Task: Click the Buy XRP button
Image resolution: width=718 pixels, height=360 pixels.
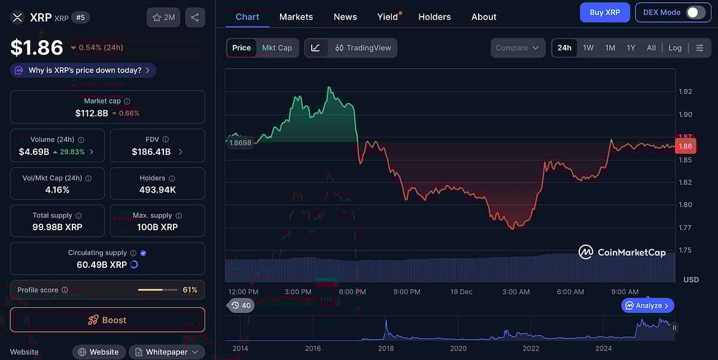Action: pos(605,12)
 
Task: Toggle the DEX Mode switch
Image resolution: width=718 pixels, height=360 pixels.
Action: pos(695,12)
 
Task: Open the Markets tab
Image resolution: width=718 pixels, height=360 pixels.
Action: pos(296,17)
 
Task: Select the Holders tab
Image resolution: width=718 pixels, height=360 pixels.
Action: pos(434,17)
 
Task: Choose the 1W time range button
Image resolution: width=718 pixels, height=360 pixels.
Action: pos(588,48)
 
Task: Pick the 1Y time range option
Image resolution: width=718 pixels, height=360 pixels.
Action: pos(631,48)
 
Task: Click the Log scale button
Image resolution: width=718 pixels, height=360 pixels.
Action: pos(675,48)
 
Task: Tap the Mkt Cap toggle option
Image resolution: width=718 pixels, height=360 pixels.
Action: pos(277,48)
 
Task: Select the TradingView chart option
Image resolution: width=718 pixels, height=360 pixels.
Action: pos(363,48)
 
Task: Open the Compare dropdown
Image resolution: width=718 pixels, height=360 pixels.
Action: pos(518,48)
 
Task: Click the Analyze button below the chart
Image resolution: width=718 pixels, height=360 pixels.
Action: pos(648,306)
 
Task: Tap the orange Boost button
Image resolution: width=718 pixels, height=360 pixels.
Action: pos(108,320)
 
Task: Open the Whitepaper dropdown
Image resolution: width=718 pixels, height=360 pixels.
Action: pos(167,352)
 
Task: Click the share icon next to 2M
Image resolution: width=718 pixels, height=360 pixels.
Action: pos(195,17)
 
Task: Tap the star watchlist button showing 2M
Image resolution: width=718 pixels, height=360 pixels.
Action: pos(163,17)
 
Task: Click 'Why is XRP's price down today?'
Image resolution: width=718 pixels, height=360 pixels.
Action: pos(83,70)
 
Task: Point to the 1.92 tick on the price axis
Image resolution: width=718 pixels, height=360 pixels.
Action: pos(685,91)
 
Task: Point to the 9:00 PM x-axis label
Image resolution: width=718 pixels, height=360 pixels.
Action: pos(406,292)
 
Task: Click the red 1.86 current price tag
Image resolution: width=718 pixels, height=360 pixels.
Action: pos(685,146)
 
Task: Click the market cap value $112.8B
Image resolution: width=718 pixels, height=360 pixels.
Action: pos(92,113)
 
